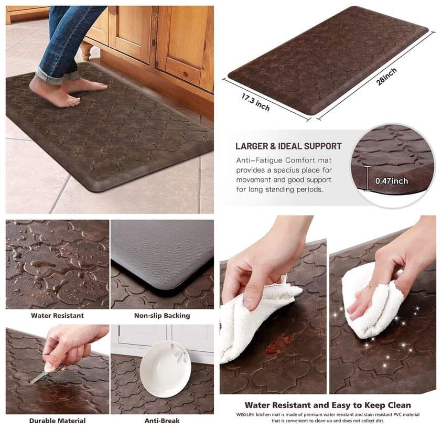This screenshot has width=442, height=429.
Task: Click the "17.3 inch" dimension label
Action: pyautogui.click(x=255, y=102)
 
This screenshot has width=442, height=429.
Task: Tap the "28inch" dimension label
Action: pyautogui.click(x=386, y=77)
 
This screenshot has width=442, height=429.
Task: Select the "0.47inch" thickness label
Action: pyautogui.click(x=392, y=181)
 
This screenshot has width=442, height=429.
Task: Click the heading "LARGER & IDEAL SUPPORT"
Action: pyautogui.click(x=288, y=146)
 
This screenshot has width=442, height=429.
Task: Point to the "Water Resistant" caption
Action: pyautogui.click(x=58, y=315)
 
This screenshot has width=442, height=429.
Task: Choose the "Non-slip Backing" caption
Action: pyautogui.click(x=162, y=315)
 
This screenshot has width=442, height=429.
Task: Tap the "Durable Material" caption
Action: pyautogui.click(x=58, y=421)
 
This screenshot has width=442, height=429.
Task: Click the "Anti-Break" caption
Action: pyautogui.click(x=162, y=421)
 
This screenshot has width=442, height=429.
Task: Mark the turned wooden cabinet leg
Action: pyautogui.click(x=85, y=51)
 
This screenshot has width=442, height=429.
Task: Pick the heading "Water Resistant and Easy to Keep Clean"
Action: pyautogui.click(x=328, y=405)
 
